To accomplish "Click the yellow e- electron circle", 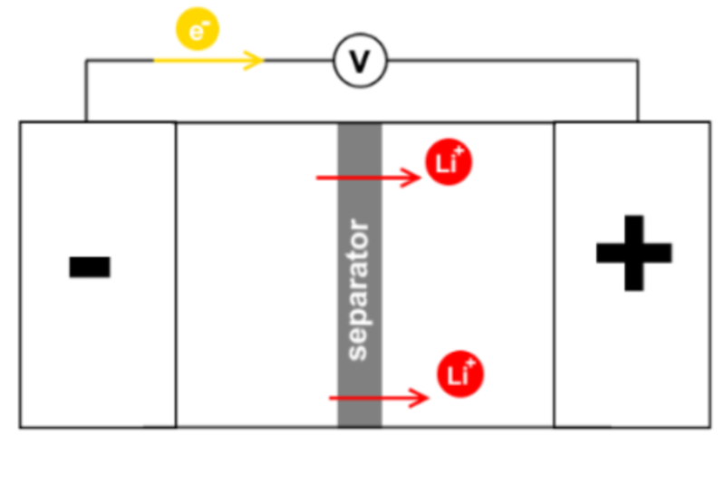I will click(198, 31).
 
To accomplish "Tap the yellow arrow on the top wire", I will click(208, 61).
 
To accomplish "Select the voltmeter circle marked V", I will click(360, 62).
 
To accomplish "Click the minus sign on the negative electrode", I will click(90, 266).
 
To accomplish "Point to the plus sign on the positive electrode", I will click(633, 253).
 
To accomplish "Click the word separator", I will click(360, 290).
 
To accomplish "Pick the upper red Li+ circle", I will click(449, 164).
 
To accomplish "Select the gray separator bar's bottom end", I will click(360, 424).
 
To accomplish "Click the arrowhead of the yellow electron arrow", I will click(257, 61).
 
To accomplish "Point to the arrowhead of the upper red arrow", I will click(415, 177).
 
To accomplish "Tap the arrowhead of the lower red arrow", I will click(423, 397).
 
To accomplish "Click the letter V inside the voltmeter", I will click(360, 62).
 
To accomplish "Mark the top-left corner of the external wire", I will click(86, 61).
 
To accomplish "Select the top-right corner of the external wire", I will click(637, 61).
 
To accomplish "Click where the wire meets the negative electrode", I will click(86, 121).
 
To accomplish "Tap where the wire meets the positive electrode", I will click(637, 121).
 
